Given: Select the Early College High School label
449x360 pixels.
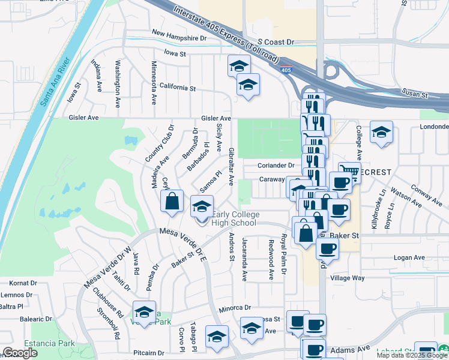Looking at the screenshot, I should [x=235, y=219].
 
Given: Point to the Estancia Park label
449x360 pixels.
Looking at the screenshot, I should [x=55, y=344].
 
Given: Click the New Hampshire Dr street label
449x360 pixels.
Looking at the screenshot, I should [x=179, y=37].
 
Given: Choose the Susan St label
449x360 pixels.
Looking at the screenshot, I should [x=415, y=95].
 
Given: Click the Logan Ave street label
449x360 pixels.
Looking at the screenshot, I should [x=410, y=257].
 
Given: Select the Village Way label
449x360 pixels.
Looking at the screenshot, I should [x=349, y=278].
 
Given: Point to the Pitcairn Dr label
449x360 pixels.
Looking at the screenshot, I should [x=149, y=353].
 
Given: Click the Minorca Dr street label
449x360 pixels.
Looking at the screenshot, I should [x=235, y=307].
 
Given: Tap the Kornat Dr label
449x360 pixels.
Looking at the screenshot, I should [x=22, y=283].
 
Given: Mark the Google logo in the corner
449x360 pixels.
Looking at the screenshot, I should [x=20, y=352].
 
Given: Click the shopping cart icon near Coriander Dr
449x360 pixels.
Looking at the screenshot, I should [x=349, y=172].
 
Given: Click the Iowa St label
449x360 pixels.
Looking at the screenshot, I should [x=175, y=54].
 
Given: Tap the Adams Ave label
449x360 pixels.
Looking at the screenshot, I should [x=356, y=348].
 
